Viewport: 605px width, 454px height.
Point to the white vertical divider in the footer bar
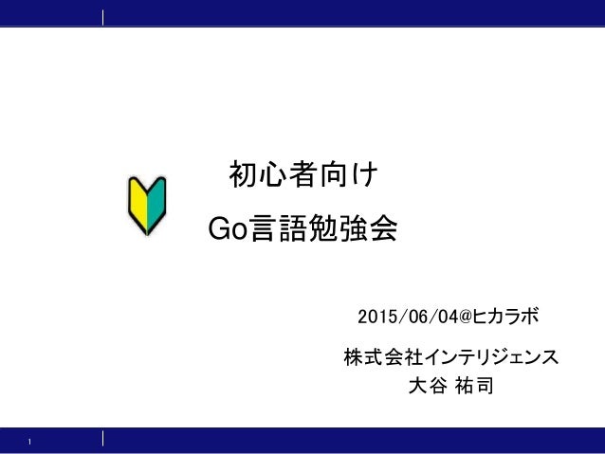coord(102,438)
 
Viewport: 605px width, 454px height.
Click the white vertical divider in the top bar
coord(102,16)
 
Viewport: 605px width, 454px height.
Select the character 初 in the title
coord(246,176)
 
